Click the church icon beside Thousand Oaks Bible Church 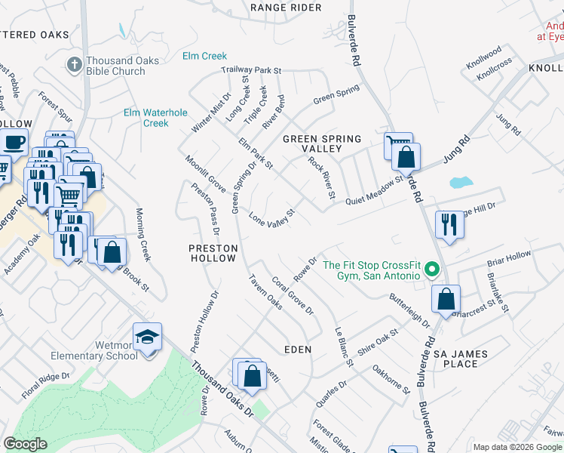(75, 65)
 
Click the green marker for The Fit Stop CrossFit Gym (431, 269)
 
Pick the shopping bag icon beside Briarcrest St (446, 298)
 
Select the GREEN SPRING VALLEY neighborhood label (322, 144)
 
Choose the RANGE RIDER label (286, 8)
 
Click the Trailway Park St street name (251, 70)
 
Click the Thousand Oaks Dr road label (223, 389)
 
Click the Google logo (26, 444)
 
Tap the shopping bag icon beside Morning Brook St (112, 254)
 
